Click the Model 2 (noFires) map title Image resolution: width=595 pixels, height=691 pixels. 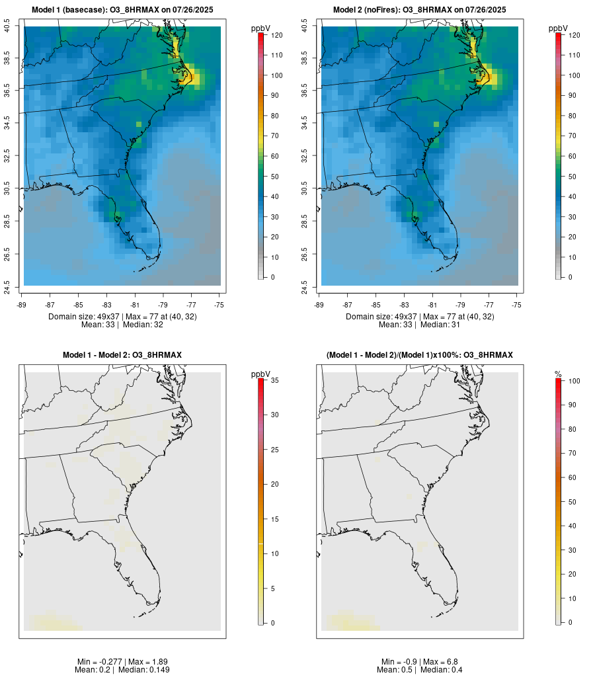tap(420, 10)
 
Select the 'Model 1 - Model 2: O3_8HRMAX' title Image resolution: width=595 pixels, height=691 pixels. tap(122, 355)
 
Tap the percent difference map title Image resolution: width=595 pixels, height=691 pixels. tap(420, 355)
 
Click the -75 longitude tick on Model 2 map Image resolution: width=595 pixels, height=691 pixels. tap(516, 305)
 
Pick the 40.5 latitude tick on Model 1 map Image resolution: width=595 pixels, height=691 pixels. tap(7, 26)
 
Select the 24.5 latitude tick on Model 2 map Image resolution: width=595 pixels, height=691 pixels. tap(305, 286)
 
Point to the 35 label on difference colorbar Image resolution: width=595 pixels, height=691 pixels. tap(276, 380)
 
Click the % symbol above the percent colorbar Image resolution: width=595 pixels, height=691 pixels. tap(558, 374)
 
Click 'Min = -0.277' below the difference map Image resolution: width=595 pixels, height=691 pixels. tap(99, 662)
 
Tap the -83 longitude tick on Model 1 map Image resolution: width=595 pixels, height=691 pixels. tap(106, 305)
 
